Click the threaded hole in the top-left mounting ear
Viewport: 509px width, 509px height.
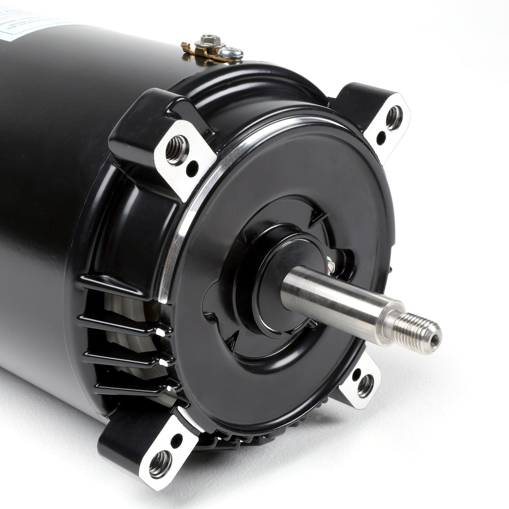pyautogui.click(x=177, y=150)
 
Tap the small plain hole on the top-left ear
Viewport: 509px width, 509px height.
pyautogui.click(x=192, y=169)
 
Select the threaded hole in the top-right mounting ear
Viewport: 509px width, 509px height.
pyautogui.click(x=394, y=118)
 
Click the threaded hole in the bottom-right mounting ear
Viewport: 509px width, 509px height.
pyautogui.click(x=365, y=385)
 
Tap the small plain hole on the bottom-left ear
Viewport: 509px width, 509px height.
pyautogui.click(x=176, y=441)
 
